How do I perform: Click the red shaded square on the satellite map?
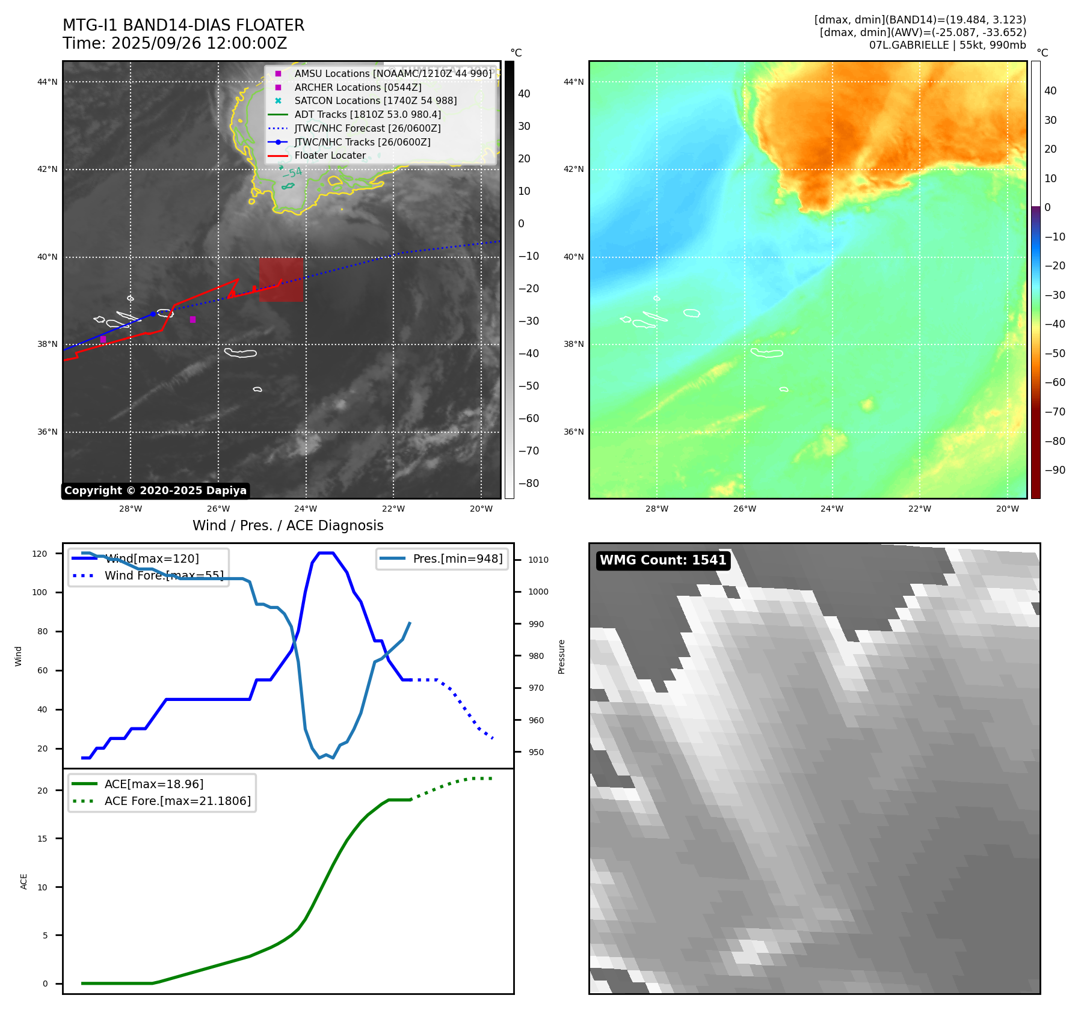click(x=281, y=280)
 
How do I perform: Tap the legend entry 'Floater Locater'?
click(x=330, y=156)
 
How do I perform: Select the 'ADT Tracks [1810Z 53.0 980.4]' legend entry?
click(x=368, y=114)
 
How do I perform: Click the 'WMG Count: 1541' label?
click(x=663, y=560)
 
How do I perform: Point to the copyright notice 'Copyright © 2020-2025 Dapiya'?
click(x=155, y=491)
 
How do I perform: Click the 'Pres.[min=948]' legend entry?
click(x=457, y=558)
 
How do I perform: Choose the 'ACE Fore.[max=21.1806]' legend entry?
click(x=177, y=801)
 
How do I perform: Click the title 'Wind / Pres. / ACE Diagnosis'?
click(x=288, y=525)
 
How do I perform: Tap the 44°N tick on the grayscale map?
click(x=48, y=82)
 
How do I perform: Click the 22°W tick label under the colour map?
click(x=919, y=509)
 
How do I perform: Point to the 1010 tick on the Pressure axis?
click(x=538, y=560)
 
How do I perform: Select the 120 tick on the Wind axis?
click(x=40, y=554)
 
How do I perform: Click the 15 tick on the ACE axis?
click(x=42, y=839)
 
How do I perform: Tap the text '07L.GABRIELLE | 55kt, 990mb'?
click(x=947, y=45)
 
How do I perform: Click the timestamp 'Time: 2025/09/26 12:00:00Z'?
click(x=174, y=43)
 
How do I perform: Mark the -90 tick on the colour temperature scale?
click(x=1055, y=470)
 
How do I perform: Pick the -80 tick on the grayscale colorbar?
click(x=528, y=483)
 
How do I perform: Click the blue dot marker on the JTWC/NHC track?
click(x=153, y=314)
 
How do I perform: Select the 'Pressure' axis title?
click(x=561, y=656)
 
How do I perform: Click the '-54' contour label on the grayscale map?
click(x=292, y=173)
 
